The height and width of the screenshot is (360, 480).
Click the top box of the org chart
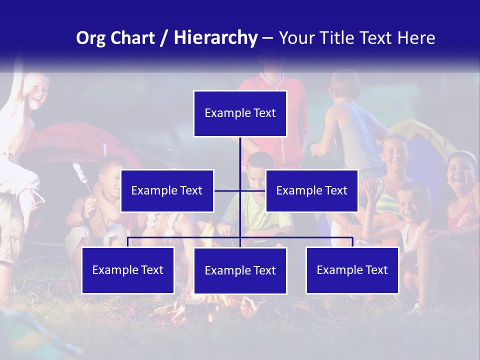pos(240,113)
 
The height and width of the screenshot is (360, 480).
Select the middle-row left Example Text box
pos(167,190)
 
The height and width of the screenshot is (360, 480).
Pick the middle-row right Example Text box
pos(311,190)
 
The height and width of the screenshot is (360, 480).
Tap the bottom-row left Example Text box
pos(128,270)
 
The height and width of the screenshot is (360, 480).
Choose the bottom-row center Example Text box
pos(240,270)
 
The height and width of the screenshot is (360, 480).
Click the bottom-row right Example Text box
pos(352,270)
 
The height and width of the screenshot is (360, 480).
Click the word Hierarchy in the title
pos(215,38)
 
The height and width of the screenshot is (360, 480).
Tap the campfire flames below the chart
pos(210,307)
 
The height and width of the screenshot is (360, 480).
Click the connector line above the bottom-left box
pos(128,241)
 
